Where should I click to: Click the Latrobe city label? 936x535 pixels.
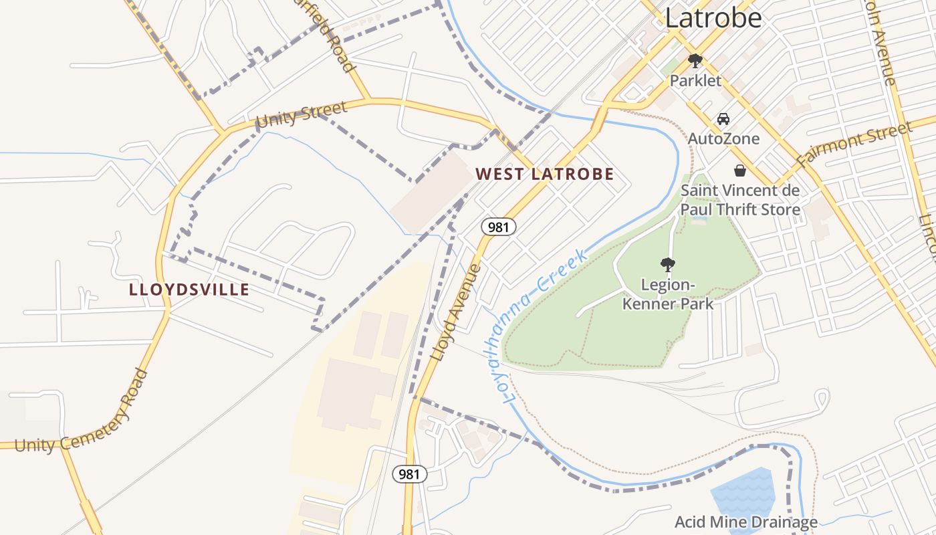[x=713, y=18]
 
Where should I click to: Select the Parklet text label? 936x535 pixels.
[x=695, y=81]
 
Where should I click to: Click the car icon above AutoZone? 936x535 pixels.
[x=723, y=119]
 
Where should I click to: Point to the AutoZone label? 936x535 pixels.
[x=723, y=138]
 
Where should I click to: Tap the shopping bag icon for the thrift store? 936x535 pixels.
[x=739, y=171]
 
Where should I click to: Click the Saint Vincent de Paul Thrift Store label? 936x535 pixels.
[x=739, y=200]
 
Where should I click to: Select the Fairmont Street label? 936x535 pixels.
[x=854, y=145]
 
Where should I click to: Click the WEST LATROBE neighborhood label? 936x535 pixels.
[x=544, y=175]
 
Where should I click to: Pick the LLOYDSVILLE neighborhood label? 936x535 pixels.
[x=189, y=290]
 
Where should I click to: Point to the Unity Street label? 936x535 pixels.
[x=302, y=114]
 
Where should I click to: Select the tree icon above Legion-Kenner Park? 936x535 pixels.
[x=667, y=264]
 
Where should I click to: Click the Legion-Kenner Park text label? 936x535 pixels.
[x=667, y=294]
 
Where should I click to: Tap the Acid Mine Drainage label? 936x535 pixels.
[x=745, y=522]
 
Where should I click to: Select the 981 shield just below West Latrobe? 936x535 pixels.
[x=498, y=227]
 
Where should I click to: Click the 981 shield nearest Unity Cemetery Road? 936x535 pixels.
[x=408, y=474]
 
